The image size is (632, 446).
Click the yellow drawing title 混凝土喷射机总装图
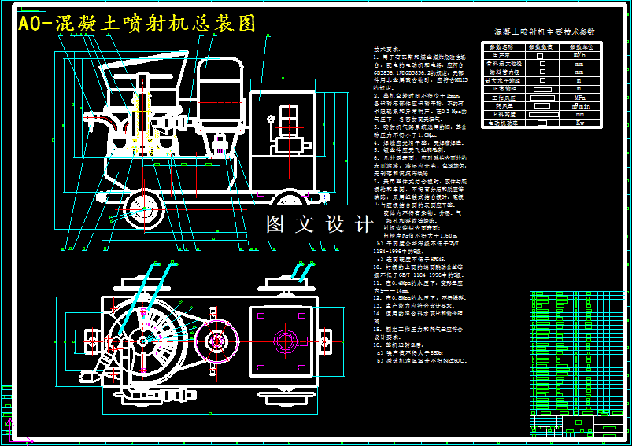click(139, 24)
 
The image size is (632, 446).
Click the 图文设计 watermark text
click(320, 224)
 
